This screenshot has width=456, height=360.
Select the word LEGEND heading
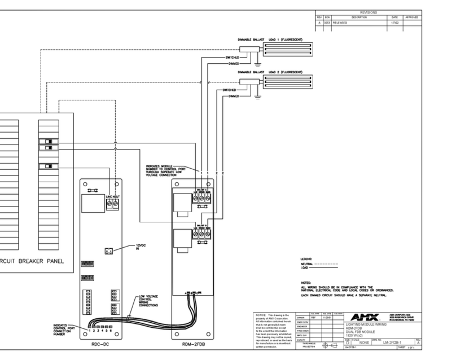tap(308, 259)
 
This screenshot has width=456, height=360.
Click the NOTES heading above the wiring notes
tap(306, 282)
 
